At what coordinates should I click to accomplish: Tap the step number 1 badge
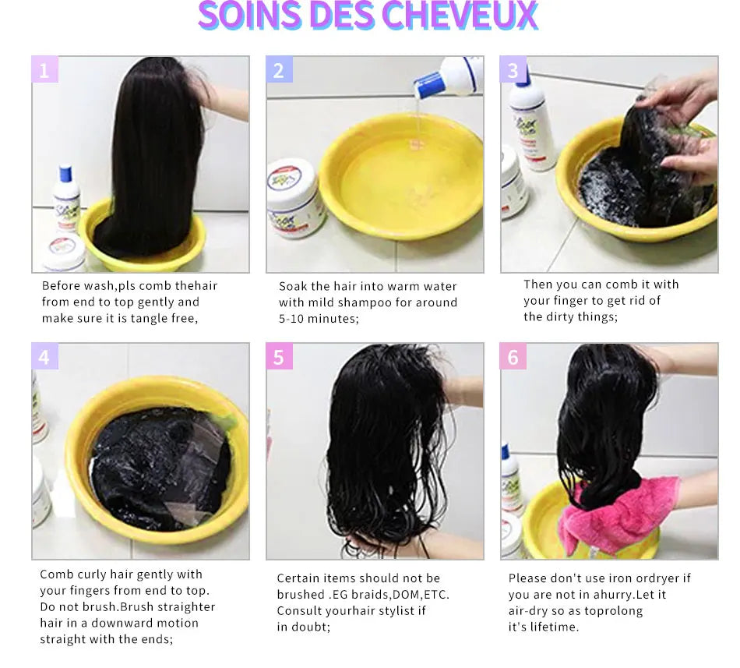point(44,70)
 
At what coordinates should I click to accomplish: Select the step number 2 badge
point(279,70)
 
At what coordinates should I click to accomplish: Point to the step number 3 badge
point(513,70)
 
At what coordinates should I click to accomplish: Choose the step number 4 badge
point(44,357)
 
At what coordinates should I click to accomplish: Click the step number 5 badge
point(279,357)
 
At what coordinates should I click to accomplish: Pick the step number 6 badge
point(513,357)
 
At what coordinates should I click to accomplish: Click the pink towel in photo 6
point(615,511)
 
